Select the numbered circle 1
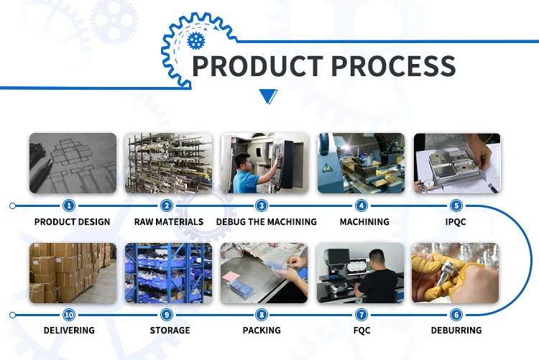69,206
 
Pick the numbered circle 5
456,206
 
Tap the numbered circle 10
69,315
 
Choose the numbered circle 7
361,315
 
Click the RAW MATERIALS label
169,222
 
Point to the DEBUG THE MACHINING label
267,222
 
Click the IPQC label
455,222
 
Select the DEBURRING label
456,331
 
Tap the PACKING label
262,331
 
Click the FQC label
361,331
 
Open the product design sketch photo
72,163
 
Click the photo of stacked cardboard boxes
72,272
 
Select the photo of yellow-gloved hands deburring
456,272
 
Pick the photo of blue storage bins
169,272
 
